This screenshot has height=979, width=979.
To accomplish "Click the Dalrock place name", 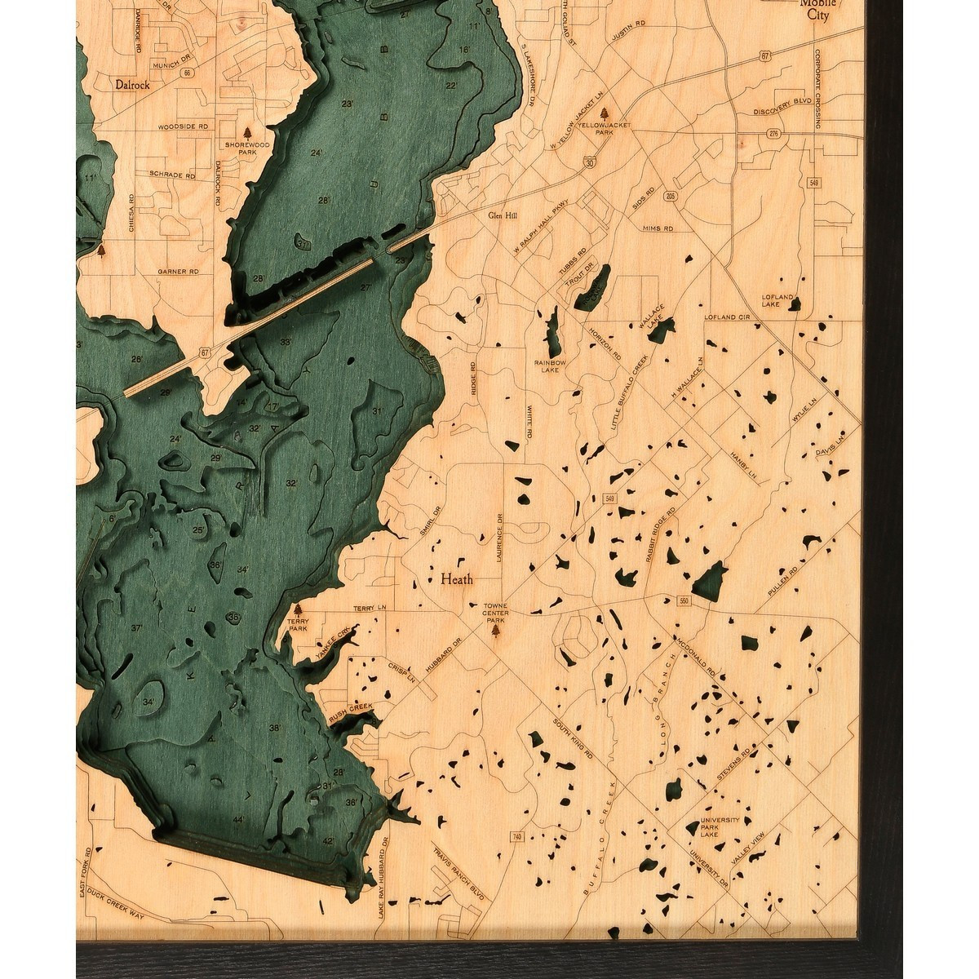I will tap(132, 83).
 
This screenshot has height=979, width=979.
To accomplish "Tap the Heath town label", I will tap(456, 580).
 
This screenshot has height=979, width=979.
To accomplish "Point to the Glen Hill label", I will tap(503, 217).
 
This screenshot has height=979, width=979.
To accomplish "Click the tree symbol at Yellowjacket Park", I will tap(604, 113).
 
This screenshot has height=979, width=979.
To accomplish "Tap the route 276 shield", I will tap(772, 132).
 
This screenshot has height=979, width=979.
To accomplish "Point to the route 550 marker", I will tap(683, 601).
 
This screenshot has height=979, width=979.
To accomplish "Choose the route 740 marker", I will tap(517, 837).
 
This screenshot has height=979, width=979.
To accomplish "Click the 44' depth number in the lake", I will tap(238, 819).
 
